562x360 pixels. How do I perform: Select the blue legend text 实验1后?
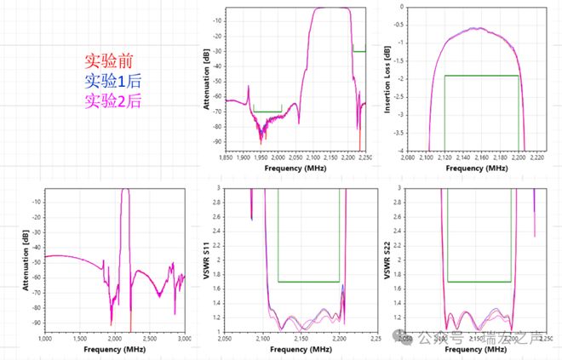tap(108, 82)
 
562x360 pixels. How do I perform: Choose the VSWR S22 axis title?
tap(388, 260)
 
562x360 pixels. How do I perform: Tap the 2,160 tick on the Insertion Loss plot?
tap(481, 157)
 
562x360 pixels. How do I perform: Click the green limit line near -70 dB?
tap(267, 111)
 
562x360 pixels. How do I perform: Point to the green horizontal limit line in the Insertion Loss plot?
tap(481, 76)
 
